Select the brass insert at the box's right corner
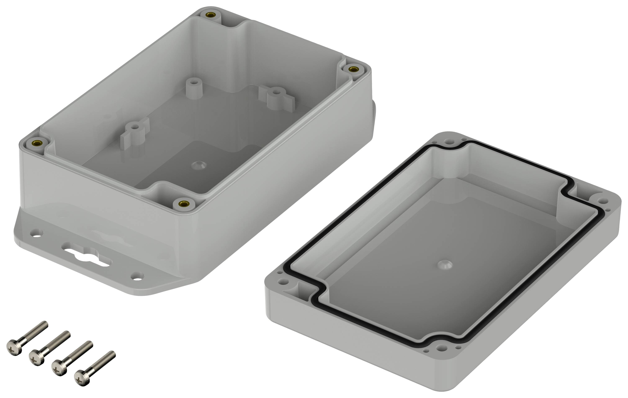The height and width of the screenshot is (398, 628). pyautogui.click(x=353, y=69)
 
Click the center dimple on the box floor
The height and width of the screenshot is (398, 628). pyautogui.click(x=199, y=165)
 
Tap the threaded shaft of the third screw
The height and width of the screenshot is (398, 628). pyautogui.click(x=80, y=351)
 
